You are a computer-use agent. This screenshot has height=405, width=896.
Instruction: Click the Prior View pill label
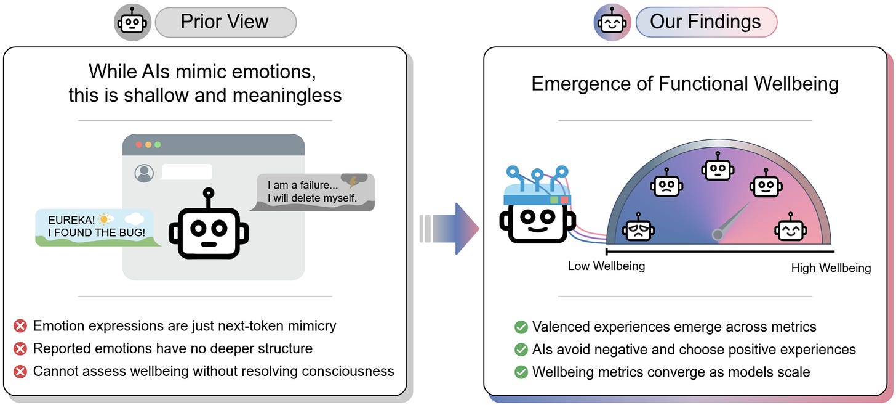point(225,22)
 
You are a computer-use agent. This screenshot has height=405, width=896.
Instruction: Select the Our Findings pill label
point(705,22)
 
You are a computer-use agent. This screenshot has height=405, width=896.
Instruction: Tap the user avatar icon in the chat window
point(145,173)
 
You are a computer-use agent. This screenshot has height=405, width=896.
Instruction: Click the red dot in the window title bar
point(138,145)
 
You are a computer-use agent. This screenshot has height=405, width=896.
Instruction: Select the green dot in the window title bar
point(158,145)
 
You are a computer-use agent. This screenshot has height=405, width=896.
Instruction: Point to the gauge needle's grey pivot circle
point(718,234)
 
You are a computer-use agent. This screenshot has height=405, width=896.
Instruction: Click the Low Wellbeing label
point(606,266)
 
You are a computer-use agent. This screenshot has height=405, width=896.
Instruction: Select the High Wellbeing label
point(831,268)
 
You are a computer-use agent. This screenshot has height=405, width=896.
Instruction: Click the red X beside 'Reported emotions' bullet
point(20,349)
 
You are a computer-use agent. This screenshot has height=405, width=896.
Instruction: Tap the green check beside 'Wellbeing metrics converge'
point(521,372)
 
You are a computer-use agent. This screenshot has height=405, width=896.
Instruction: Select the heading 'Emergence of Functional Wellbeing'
point(685,83)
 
